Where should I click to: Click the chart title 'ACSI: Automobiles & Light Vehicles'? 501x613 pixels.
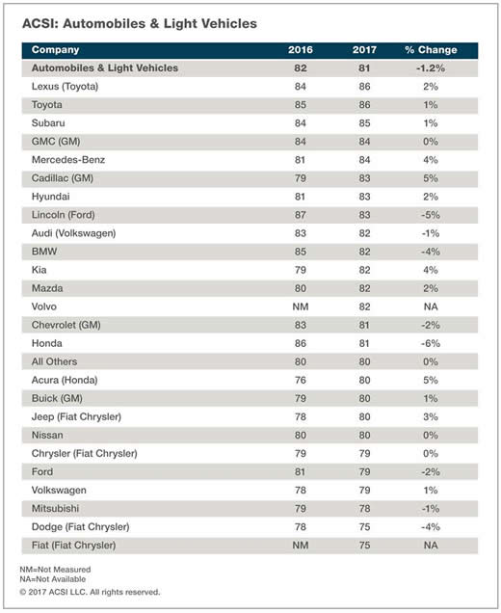140,24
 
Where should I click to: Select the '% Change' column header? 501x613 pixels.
431,50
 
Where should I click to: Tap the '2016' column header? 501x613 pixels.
301,50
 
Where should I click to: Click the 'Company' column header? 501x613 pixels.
56,50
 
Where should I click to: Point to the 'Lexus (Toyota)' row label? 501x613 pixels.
65,87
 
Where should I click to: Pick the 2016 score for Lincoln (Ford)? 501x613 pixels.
301,215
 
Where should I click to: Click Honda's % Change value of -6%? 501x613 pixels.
431,344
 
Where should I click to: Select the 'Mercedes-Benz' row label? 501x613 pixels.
68,160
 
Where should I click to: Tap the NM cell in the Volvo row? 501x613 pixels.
301,306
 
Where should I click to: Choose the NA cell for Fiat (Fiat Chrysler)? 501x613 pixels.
431,546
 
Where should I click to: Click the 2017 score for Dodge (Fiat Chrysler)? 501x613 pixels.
364,527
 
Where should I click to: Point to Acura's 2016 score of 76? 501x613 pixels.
301,381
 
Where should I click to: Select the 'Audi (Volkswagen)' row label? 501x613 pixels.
74,233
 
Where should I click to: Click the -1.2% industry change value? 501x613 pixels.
431,68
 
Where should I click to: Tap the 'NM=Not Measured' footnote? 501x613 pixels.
55,570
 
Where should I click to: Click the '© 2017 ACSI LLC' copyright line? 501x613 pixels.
90,593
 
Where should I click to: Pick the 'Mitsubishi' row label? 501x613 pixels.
56,509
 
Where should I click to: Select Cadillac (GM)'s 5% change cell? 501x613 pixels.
431,178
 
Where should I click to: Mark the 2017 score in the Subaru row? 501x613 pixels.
364,123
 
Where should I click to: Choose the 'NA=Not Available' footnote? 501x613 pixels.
53,579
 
